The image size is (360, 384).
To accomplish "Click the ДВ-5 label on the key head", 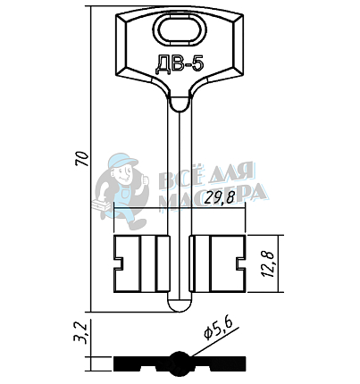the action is (x=180, y=64).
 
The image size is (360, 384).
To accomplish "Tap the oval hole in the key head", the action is (x=180, y=30).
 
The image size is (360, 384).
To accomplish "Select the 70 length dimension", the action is (x=82, y=159).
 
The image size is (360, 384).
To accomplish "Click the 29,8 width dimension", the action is (x=220, y=197).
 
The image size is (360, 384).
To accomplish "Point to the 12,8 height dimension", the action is (x=269, y=264).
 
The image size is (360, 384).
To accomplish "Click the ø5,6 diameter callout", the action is (x=218, y=330).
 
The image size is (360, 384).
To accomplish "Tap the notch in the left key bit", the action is (x=119, y=263).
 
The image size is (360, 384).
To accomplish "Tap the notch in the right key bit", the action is (x=241, y=263).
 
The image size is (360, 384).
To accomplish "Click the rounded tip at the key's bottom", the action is (x=180, y=305).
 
